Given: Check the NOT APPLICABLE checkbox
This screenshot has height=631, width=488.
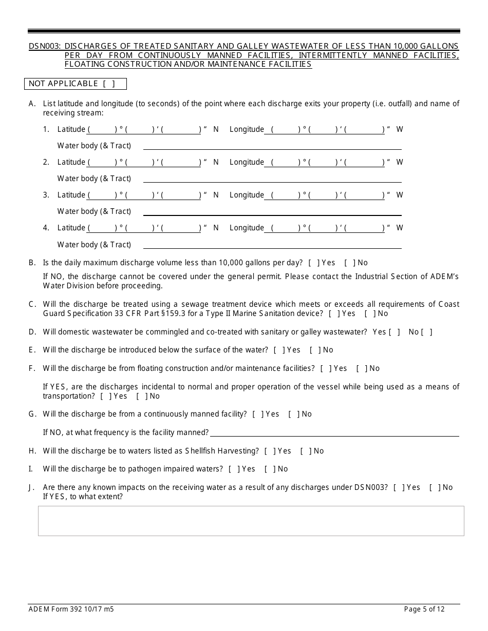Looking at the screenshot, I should pos(108,84).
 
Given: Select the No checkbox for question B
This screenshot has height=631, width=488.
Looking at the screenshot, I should pos(349,263).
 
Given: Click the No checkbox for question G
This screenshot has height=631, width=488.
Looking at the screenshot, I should pos(293,414).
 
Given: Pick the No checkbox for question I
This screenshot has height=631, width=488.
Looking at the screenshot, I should pos(269,469).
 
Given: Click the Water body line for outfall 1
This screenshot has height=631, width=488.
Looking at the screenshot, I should pos(272,146).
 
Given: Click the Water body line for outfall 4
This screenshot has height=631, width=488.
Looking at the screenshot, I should pos(272,245).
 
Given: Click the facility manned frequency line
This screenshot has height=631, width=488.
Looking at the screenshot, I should pos(334,432).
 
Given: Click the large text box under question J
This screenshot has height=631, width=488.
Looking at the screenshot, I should pos(251,521).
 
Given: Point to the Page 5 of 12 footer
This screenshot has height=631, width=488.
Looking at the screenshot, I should pos(424,609).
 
